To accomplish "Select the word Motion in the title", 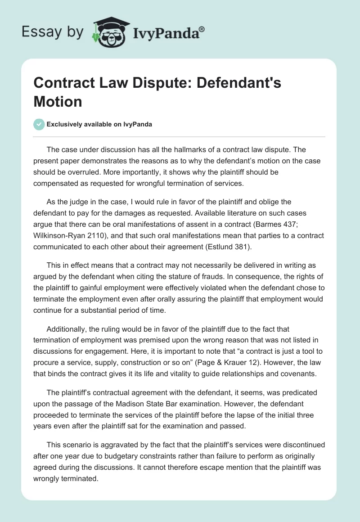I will tap(58, 101).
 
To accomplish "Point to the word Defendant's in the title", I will tap(240, 84).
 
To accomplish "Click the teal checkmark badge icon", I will tap(39, 124).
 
